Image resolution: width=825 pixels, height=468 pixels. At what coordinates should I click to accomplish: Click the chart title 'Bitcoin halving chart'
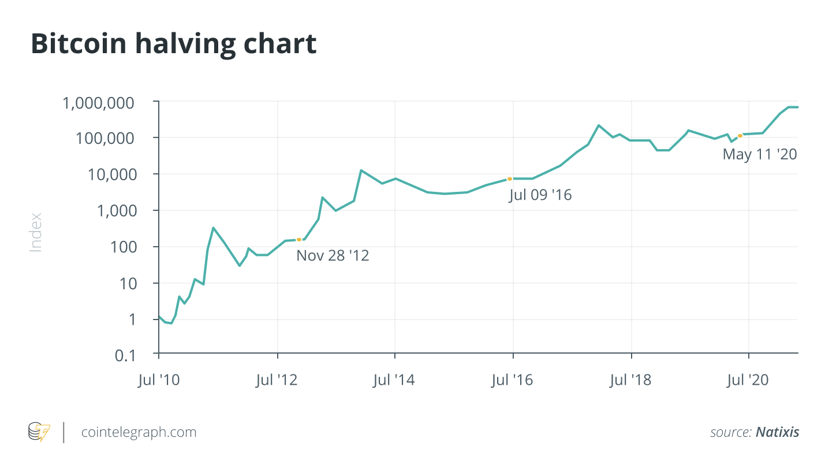pyautogui.click(x=173, y=44)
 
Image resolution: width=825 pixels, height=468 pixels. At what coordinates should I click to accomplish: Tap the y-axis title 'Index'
pyautogui.click(x=36, y=232)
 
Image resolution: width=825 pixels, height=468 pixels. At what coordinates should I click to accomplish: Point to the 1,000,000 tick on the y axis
pyautogui.click(x=105, y=103)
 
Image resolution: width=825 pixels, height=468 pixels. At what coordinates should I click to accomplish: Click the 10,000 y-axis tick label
pyautogui.click(x=115, y=174)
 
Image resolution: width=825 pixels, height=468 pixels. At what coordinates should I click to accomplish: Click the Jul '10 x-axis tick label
pyautogui.click(x=159, y=380)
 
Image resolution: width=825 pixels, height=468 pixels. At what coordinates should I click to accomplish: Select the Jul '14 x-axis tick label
pyautogui.click(x=394, y=380)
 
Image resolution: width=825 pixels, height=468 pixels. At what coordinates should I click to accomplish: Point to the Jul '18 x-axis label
pyautogui.click(x=631, y=380)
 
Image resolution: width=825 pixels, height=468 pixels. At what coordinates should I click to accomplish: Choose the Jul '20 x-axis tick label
pyautogui.click(x=749, y=380)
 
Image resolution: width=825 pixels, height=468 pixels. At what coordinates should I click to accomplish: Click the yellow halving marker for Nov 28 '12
pyautogui.click(x=299, y=239)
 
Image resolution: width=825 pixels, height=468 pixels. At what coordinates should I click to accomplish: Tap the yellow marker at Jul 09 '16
pyautogui.click(x=510, y=179)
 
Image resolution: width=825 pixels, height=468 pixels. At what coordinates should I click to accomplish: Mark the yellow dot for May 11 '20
pyautogui.click(x=740, y=136)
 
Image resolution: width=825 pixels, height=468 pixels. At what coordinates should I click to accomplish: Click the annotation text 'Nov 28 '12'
pyautogui.click(x=333, y=255)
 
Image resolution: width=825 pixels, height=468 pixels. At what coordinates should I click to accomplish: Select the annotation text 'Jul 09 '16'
pyautogui.click(x=540, y=195)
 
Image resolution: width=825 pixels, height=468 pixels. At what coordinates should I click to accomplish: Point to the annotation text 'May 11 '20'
pyautogui.click(x=759, y=154)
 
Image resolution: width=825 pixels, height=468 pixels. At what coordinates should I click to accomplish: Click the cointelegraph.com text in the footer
pyautogui.click(x=139, y=432)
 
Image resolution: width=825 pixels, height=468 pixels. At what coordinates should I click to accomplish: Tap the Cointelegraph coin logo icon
pyautogui.click(x=39, y=432)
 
